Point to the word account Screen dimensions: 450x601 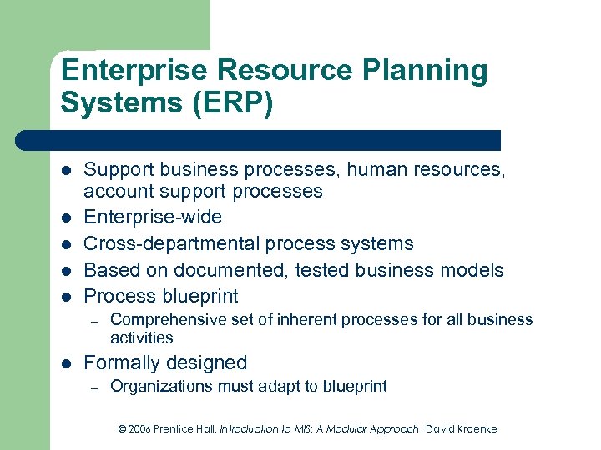pyautogui.click(x=119, y=191)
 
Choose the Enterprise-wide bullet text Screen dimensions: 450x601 pyautogui.click(x=153, y=217)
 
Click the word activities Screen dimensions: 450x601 pyautogui.click(x=141, y=337)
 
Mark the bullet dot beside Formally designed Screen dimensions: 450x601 pyautogui.click(x=65, y=363)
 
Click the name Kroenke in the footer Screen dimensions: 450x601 pyautogui.click(x=474, y=428)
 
